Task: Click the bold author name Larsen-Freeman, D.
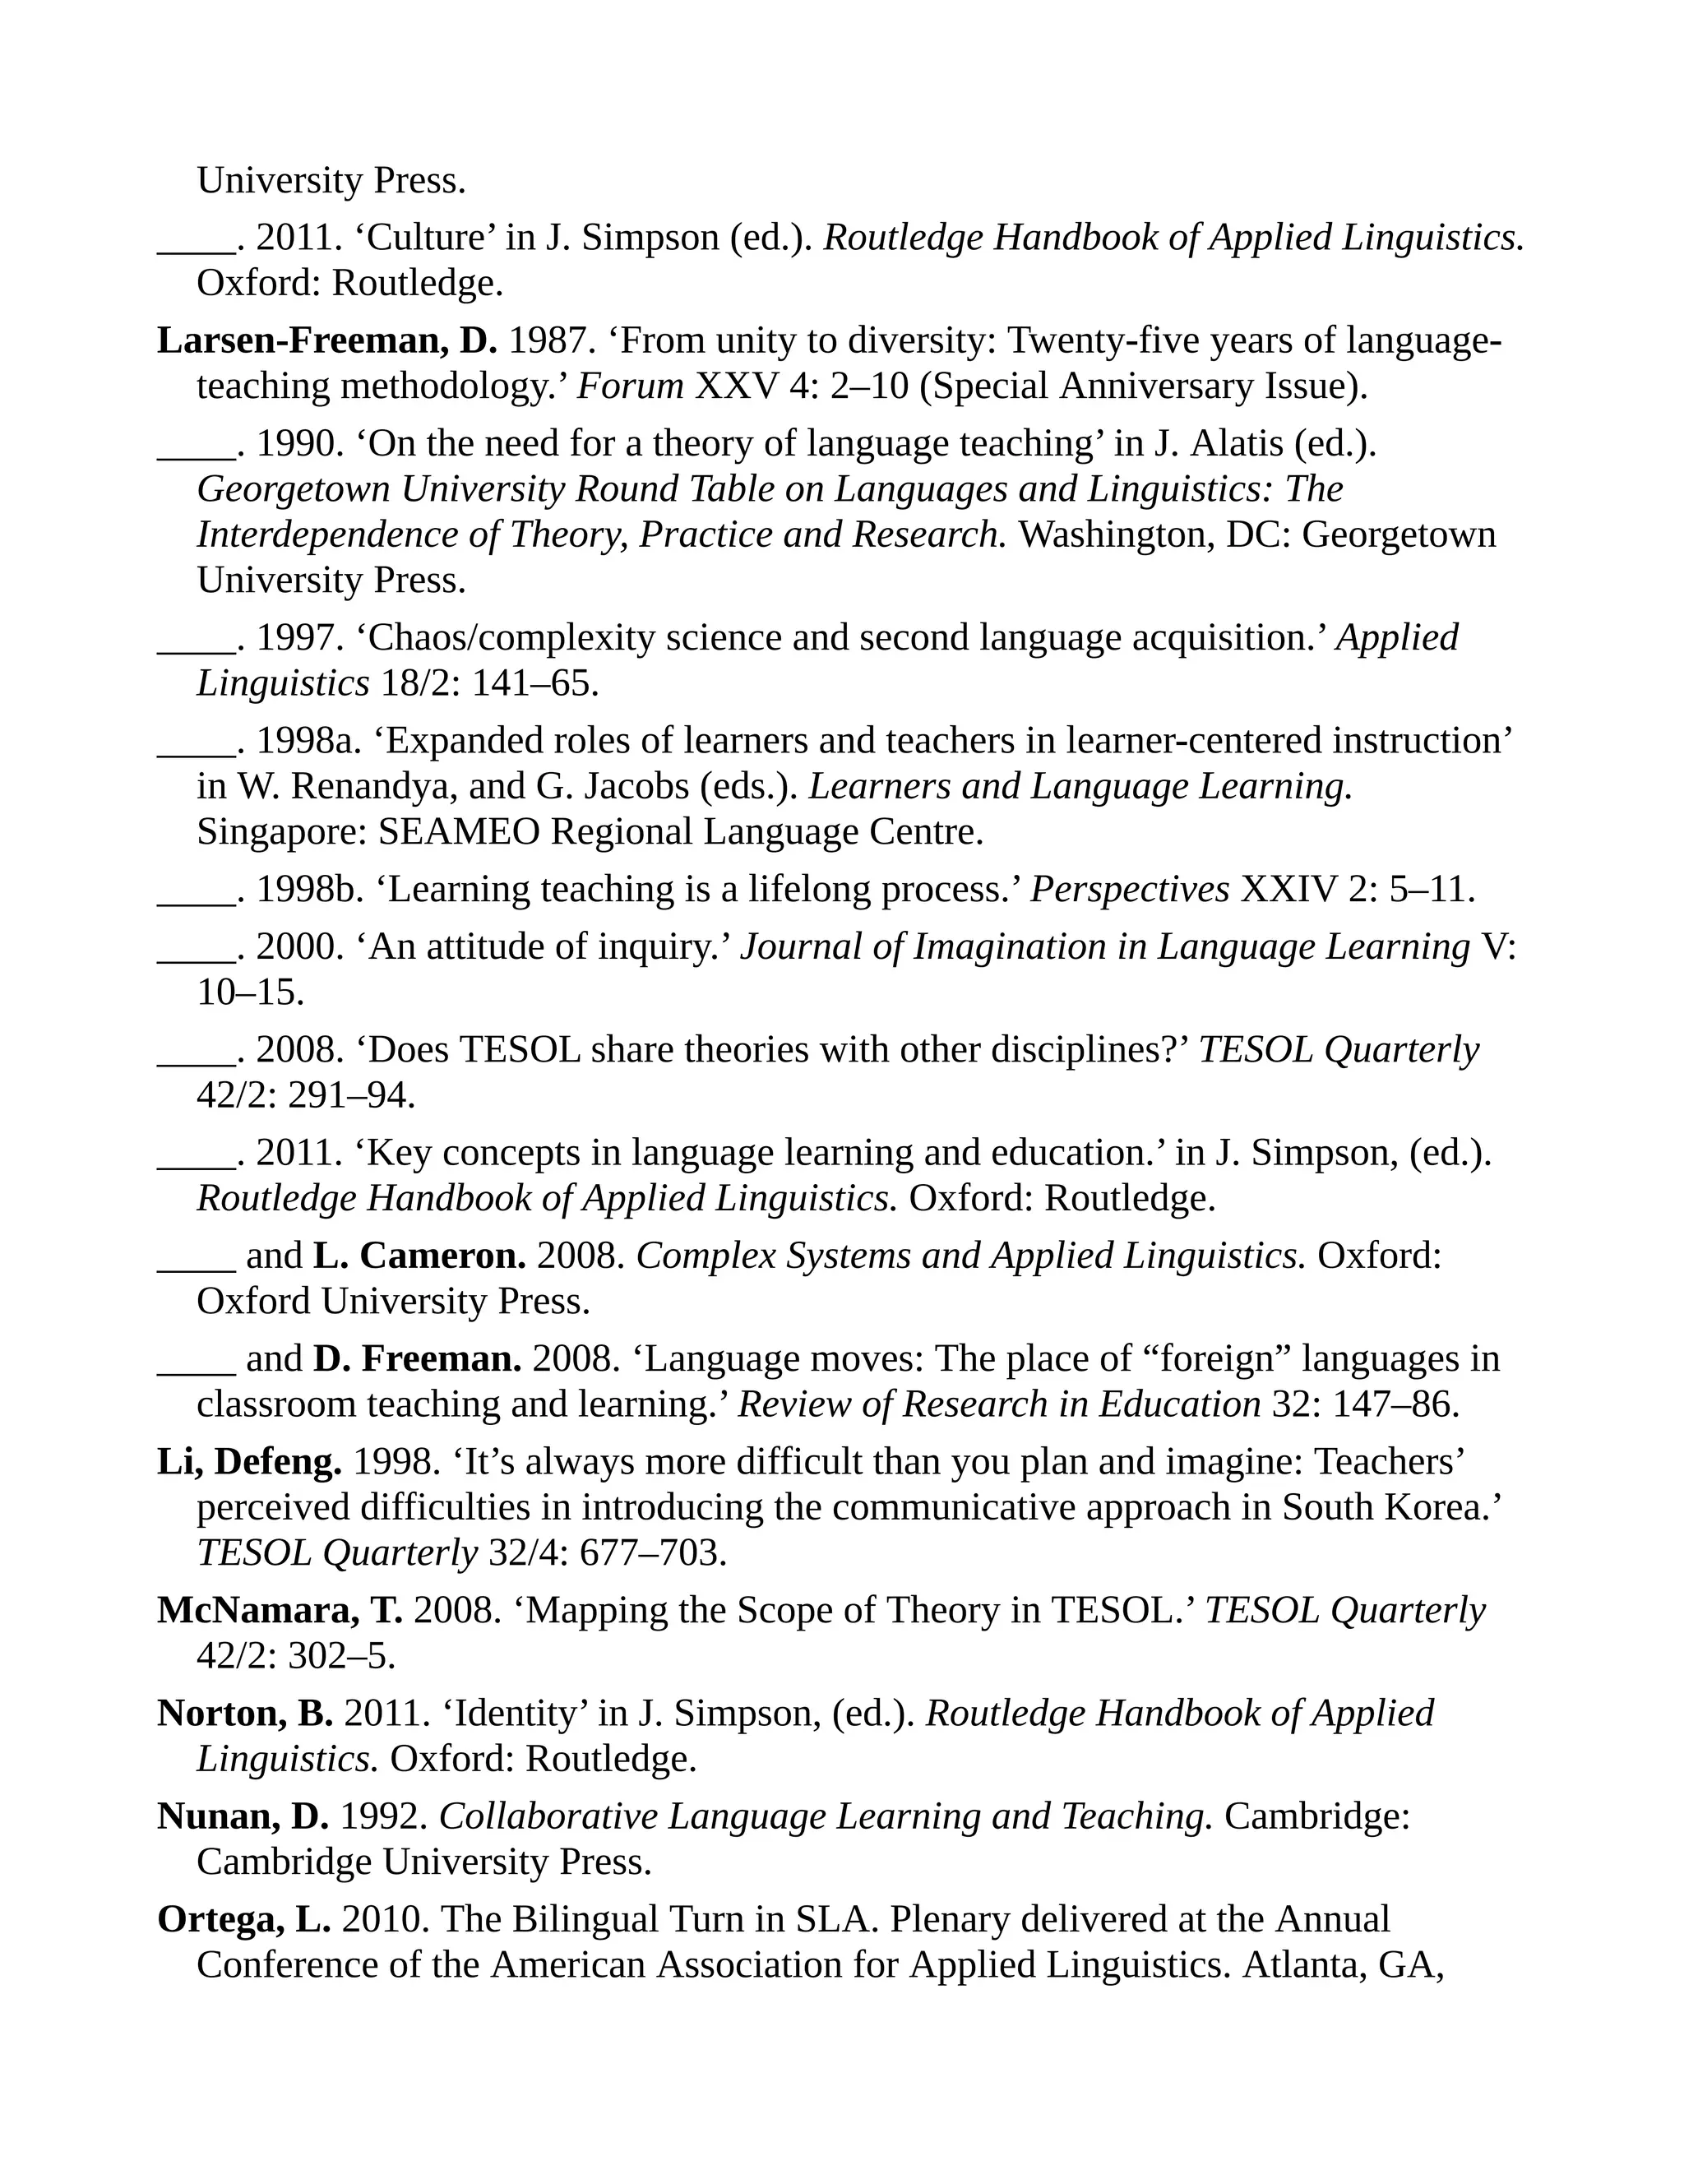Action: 327,341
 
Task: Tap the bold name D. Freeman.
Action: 417,1359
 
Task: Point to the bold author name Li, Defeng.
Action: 249,1462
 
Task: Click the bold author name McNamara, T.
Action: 280,1610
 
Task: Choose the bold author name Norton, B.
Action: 245,1713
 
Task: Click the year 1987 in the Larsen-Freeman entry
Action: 552,341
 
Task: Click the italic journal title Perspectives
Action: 1129,889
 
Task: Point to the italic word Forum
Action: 631,386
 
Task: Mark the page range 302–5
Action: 341,1656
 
